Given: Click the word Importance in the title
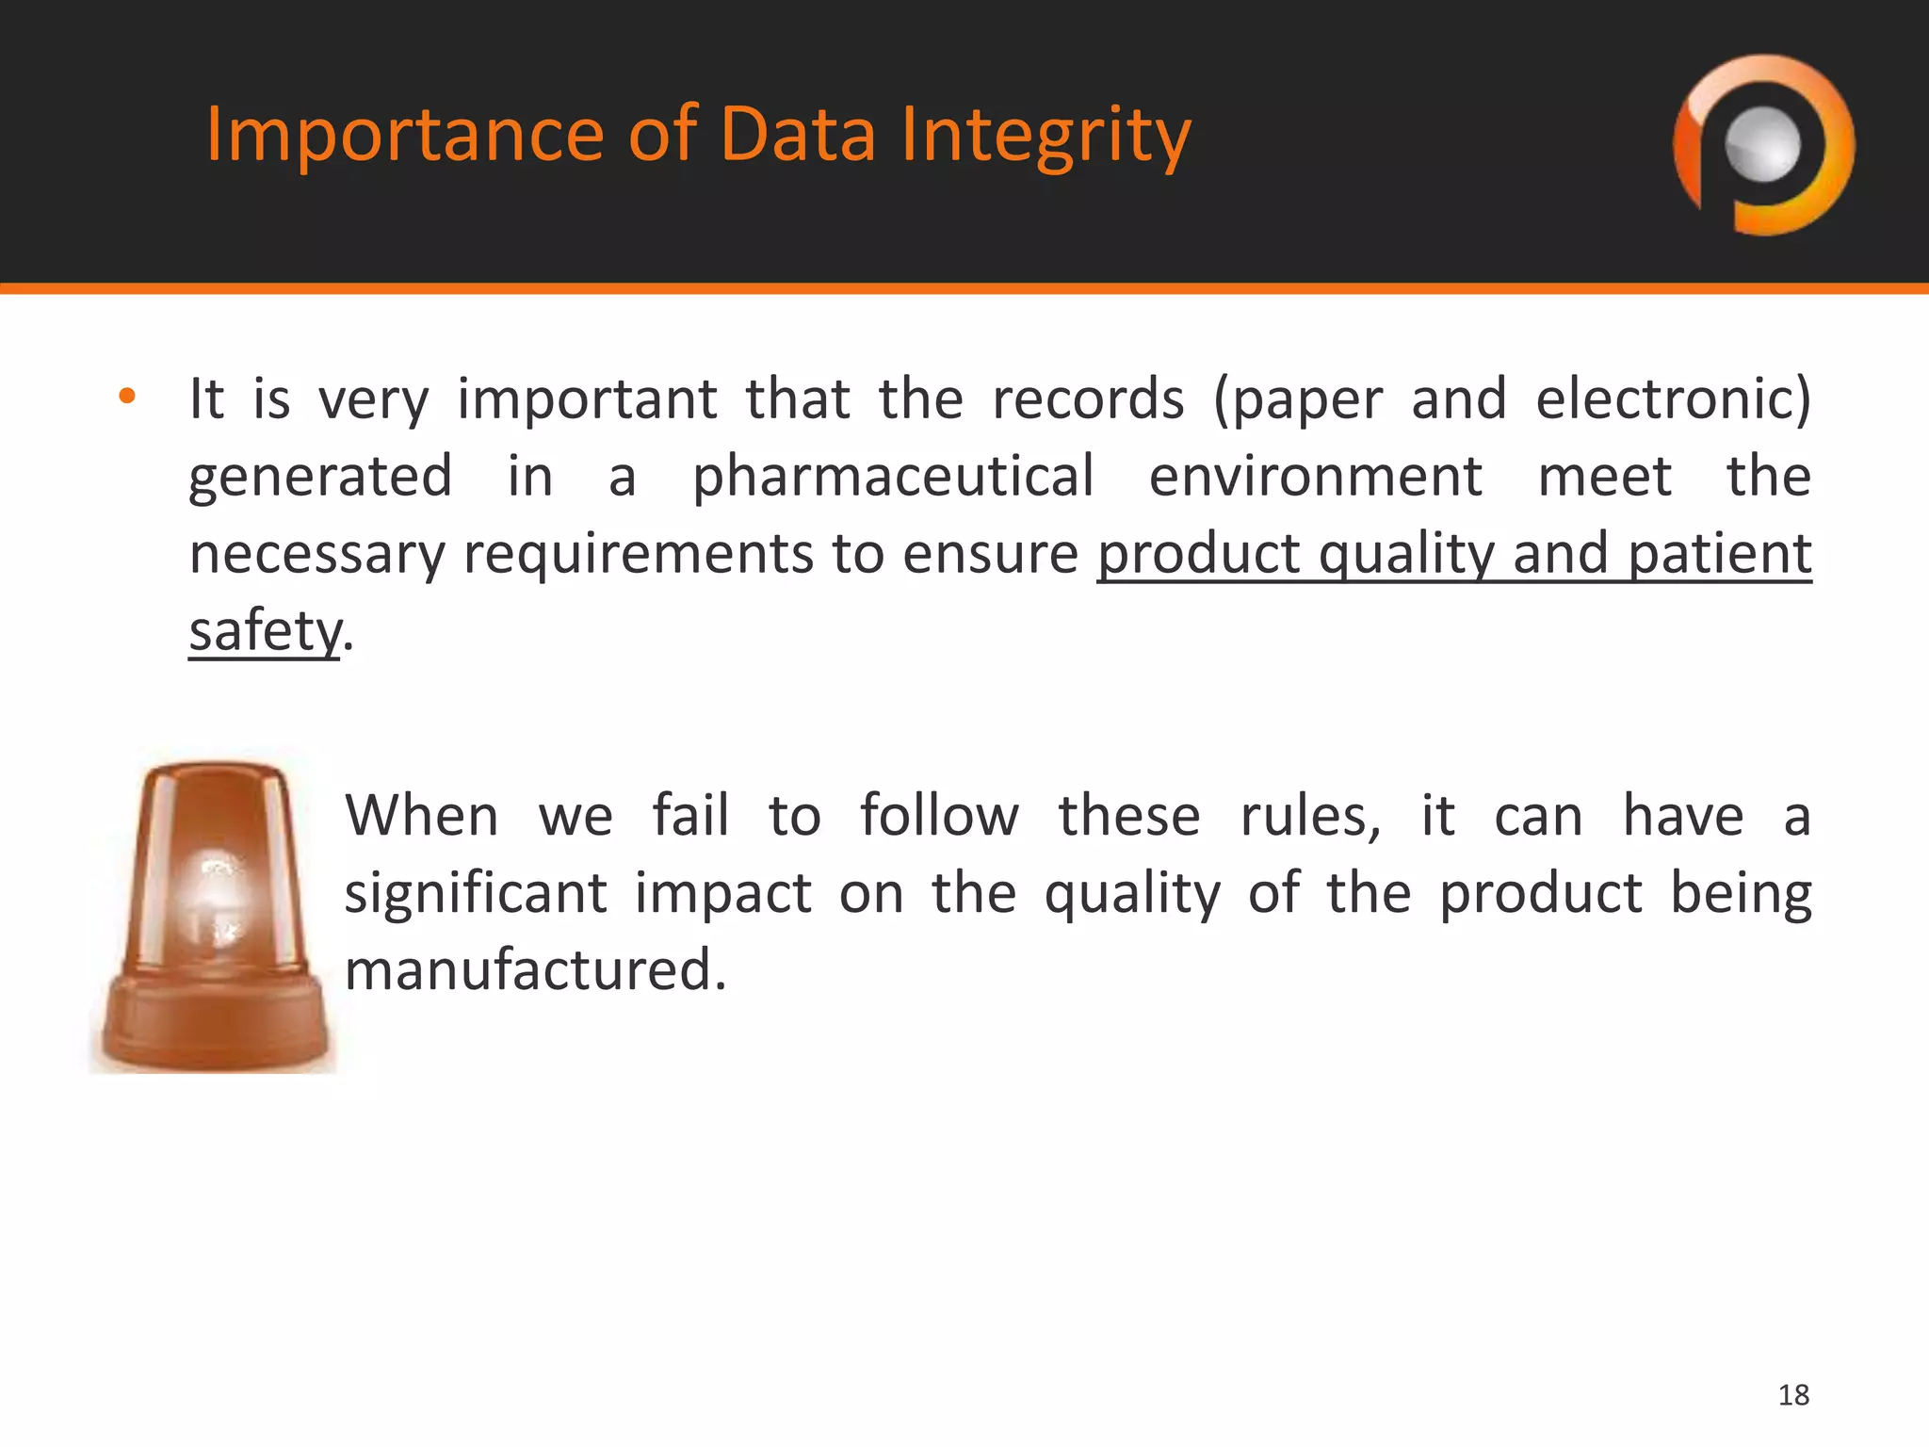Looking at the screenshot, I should coord(404,134).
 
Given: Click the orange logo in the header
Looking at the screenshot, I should coord(1763,145).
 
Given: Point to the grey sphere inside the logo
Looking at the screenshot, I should coord(1763,144).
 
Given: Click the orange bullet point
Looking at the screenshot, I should coord(127,397).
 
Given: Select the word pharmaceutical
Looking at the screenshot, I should coord(893,476).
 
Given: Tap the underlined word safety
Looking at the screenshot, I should coord(264,630).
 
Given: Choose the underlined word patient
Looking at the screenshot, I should coord(1720,553).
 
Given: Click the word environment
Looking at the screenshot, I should coord(1315,476).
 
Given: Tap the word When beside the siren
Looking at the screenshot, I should coord(421,816).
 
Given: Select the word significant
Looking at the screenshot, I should coord(475,893).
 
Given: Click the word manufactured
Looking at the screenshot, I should coord(534,970).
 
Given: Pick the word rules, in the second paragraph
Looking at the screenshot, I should coord(1310,816).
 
